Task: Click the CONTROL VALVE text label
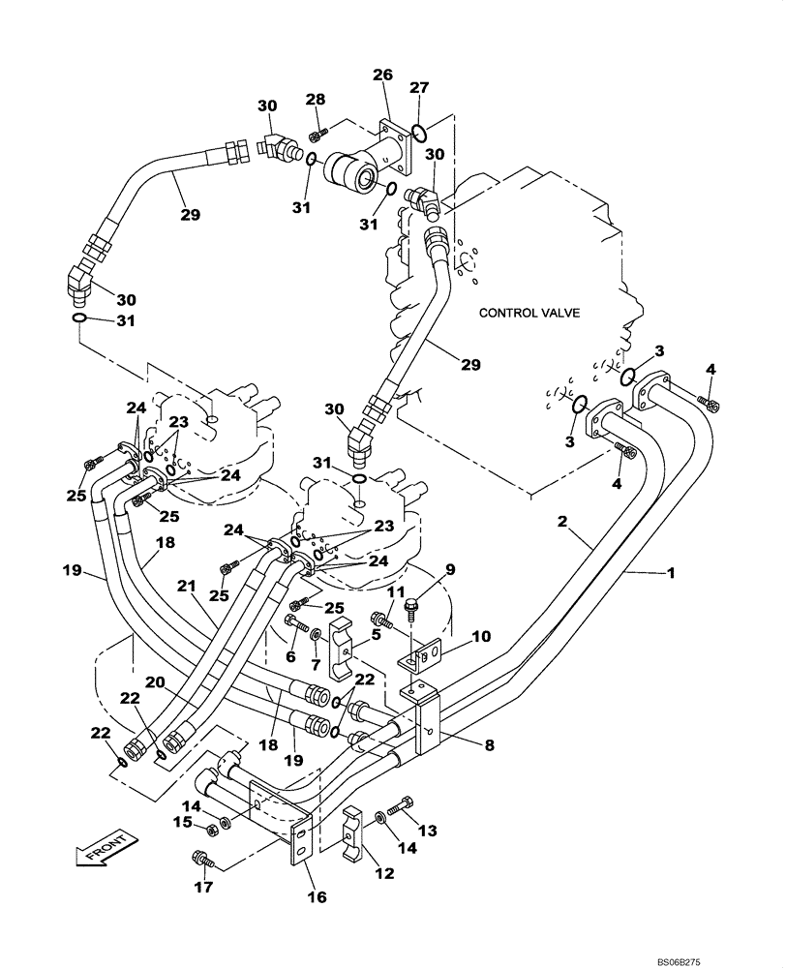click(529, 313)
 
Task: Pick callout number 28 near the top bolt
click(316, 101)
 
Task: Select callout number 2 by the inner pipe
click(560, 522)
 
